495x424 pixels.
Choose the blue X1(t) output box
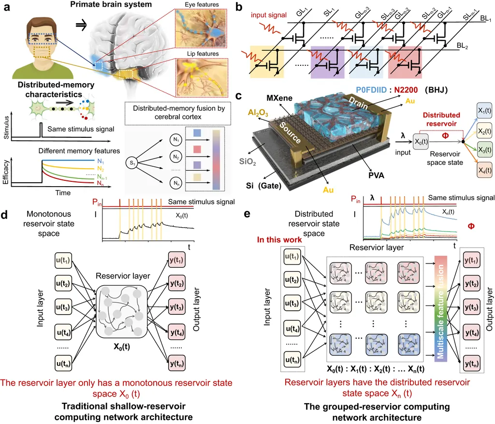pos(484,110)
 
